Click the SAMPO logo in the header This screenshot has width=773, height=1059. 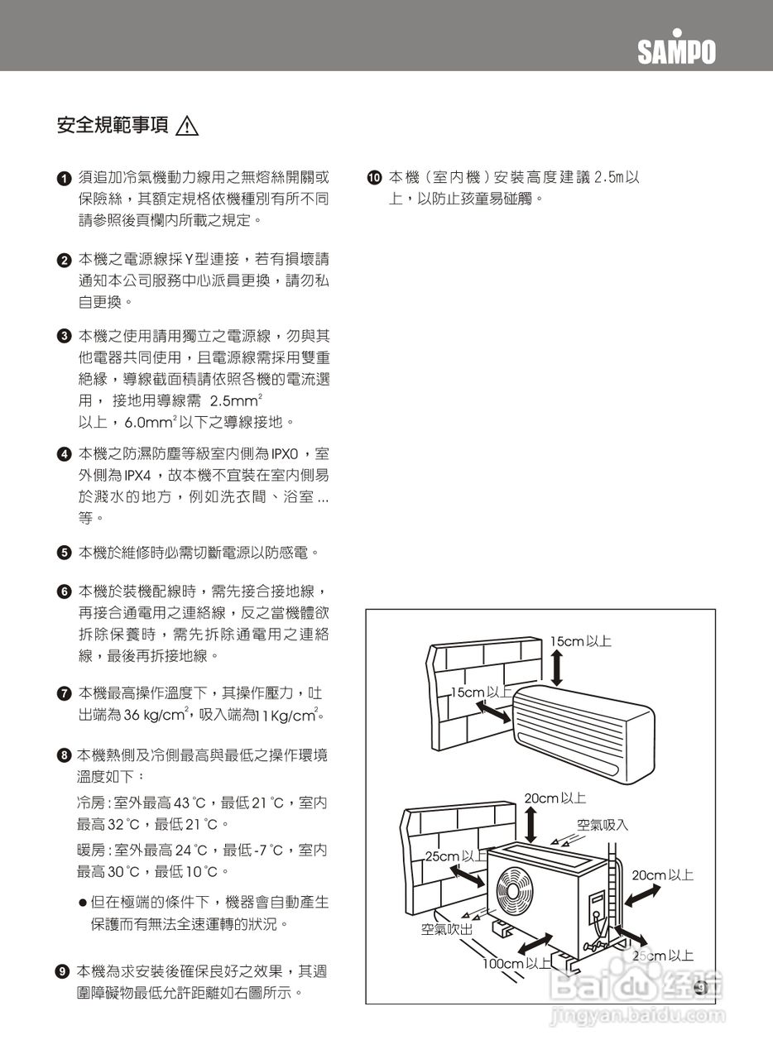tap(676, 50)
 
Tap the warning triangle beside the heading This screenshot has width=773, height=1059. tap(188, 127)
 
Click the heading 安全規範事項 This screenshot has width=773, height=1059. tap(112, 126)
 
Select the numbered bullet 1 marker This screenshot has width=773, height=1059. tap(63, 179)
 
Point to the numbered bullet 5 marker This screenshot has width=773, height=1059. tap(63, 553)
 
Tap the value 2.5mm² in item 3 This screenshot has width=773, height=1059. tap(236, 401)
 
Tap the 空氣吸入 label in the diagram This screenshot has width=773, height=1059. tap(603, 824)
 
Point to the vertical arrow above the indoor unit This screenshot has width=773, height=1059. tap(557, 668)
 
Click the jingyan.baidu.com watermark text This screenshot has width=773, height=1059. tap(636, 1013)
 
